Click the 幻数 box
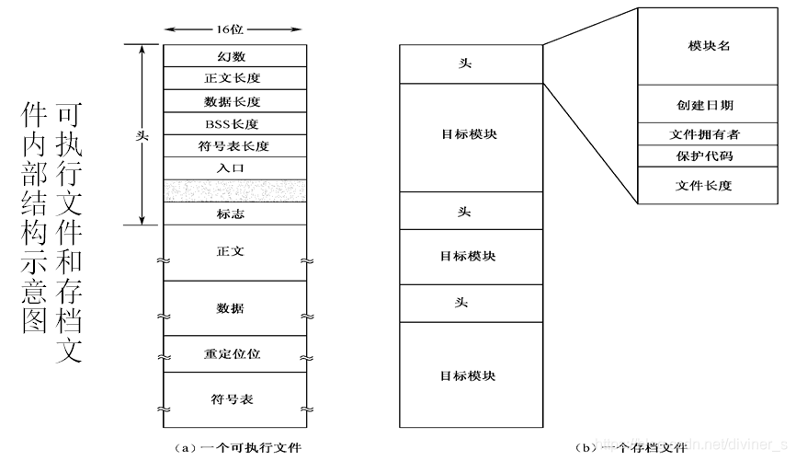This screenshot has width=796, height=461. [231, 56]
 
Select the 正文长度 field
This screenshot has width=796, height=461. [231, 78]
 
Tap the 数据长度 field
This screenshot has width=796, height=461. [231, 101]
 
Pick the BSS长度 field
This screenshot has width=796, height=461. [231, 123]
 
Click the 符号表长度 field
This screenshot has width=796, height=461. [231, 145]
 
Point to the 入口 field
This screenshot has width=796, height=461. [231, 168]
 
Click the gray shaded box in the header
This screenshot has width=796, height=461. [231, 190]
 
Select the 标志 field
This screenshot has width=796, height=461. [231, 213]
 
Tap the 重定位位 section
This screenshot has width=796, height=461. [231, 354]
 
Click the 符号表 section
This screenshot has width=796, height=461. [231, 398]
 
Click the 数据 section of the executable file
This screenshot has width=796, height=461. [231, 307]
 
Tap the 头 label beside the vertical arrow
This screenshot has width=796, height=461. [142, 134]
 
